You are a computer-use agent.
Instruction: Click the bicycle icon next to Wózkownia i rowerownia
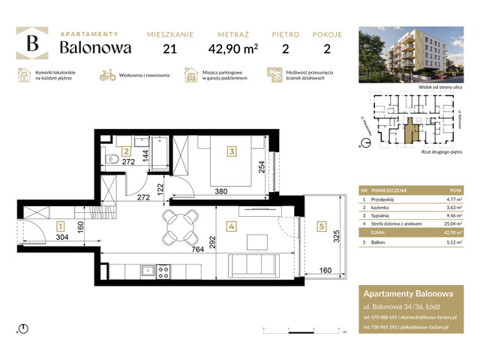coord(106,75)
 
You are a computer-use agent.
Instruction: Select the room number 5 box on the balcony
coord(322,225)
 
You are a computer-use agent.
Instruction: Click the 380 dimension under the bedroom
coord(222,190)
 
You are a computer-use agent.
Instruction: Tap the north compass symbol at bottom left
coord(24,328)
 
